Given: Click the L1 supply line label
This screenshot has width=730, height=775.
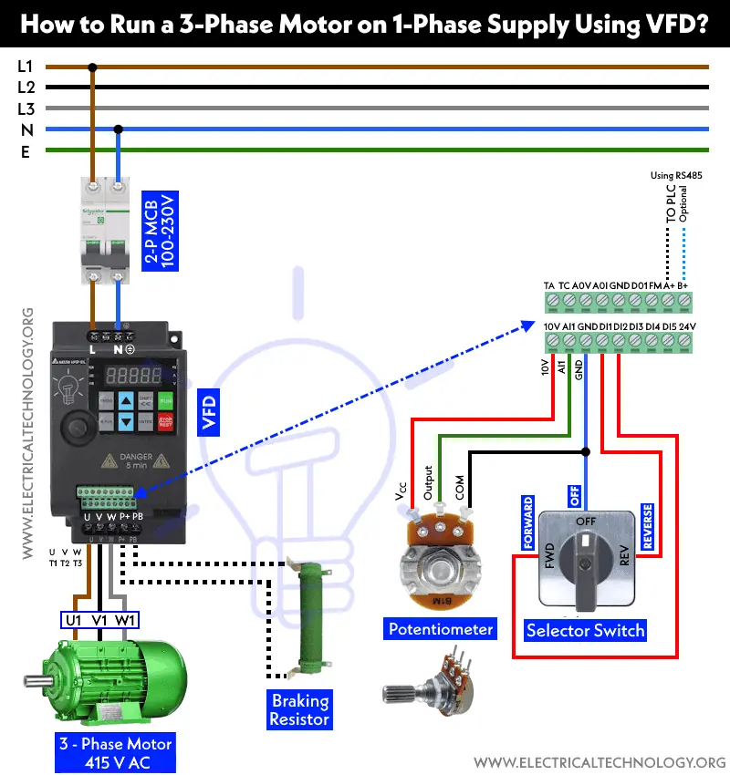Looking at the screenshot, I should (x=26, y=67).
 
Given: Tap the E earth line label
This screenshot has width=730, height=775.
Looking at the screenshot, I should (x=26, y=151).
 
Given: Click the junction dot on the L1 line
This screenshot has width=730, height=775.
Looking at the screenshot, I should (x=92, y=67).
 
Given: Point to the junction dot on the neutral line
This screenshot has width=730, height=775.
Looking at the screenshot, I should (x=118, y=129).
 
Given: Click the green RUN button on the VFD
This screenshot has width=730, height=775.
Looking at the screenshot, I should (x=166, y=399).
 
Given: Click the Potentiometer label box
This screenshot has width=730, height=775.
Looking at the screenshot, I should (x=441, y=629).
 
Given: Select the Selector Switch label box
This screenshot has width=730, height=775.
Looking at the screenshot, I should (x=586, y=630).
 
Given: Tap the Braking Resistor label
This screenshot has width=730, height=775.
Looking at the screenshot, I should (x=299, y=709).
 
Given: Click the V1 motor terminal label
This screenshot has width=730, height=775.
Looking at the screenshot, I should (x=100, y=621).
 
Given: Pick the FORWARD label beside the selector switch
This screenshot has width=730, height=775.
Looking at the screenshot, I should (x=527, y=522).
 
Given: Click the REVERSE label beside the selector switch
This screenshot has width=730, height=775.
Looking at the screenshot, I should (x=647, y=526).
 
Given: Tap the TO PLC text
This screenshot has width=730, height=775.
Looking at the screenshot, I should (x=672, y=205).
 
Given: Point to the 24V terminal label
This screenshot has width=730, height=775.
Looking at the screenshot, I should (x=686, y=326).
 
